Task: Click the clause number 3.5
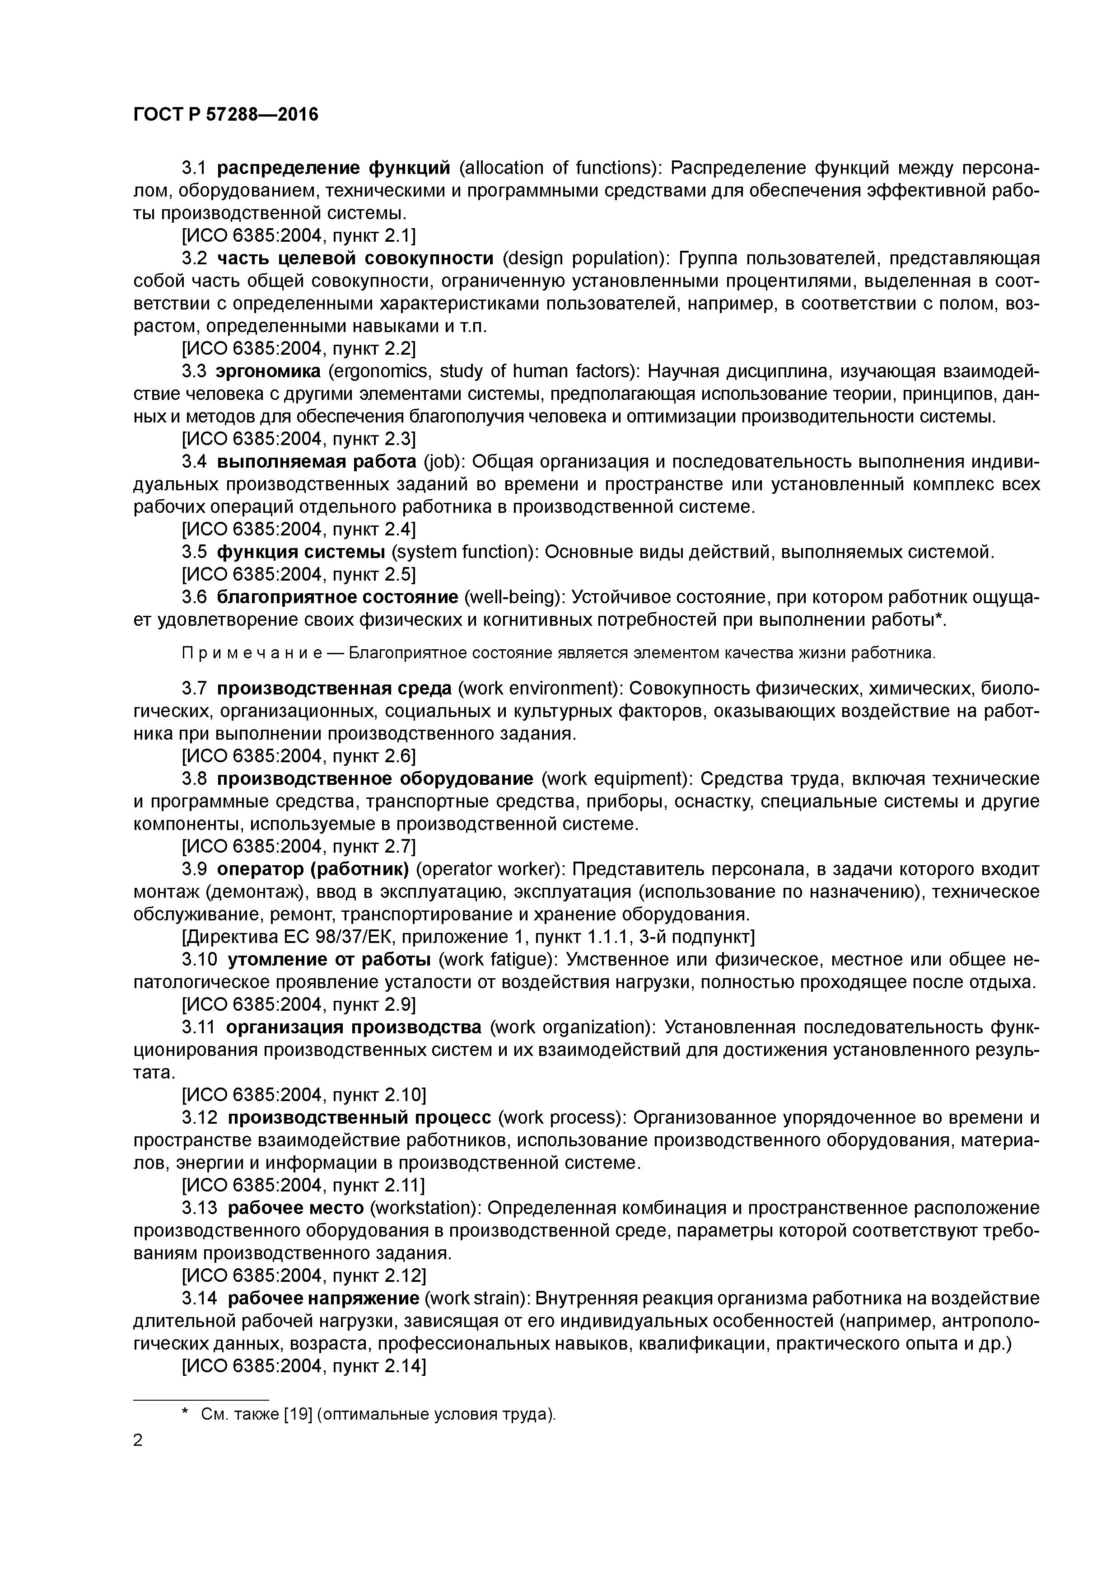194,552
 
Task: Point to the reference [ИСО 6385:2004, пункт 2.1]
298,236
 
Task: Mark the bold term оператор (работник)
313,869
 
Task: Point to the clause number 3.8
194,778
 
